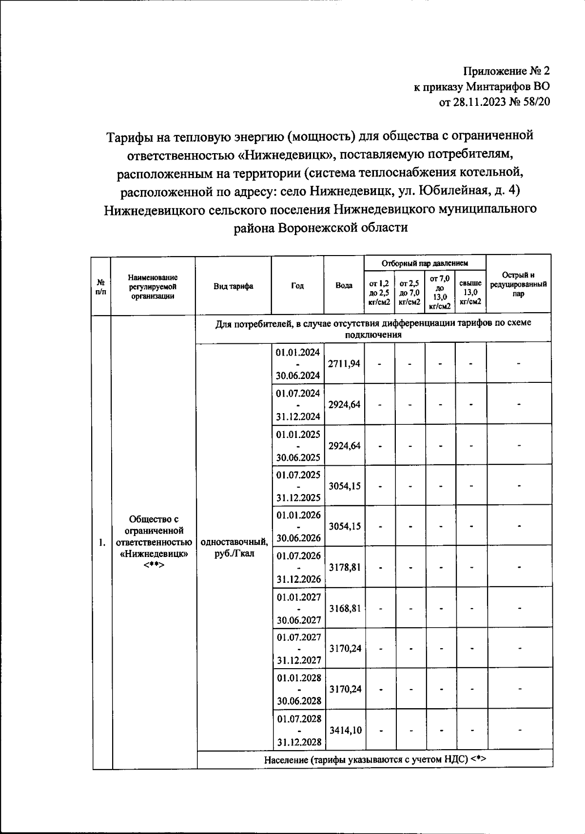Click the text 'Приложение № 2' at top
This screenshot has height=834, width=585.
tap(506, 71)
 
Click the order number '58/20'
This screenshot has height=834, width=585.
tap(535, 102)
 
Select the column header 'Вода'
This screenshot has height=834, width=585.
tap(344, 286)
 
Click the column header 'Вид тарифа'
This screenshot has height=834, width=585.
tap(233, 286)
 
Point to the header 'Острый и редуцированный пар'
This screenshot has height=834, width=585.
tap(518, 285)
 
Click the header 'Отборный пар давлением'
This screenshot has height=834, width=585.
tap(425, 263)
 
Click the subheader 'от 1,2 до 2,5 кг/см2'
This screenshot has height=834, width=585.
tap(379, 292)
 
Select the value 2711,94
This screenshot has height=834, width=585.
tap(344, 363)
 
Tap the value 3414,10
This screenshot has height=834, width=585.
tap(345, 730)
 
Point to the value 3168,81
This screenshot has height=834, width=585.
tap(345, 608)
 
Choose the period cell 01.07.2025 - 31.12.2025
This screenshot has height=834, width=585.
tap(298, 486)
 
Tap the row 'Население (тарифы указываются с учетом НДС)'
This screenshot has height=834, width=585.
tap(375, 759)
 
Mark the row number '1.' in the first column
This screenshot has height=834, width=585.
tap(102, 542)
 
